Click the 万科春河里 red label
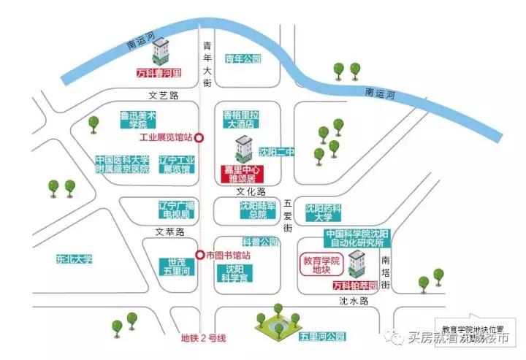(159, 74)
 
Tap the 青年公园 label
(243, 59)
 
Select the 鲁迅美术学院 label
(139, 120)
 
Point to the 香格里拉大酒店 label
(241, 120)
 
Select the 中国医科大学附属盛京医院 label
(122, 164)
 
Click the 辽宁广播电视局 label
(175, 210)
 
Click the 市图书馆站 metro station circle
(199, 255)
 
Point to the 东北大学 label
(74, 258)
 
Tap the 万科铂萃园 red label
(354, 285)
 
